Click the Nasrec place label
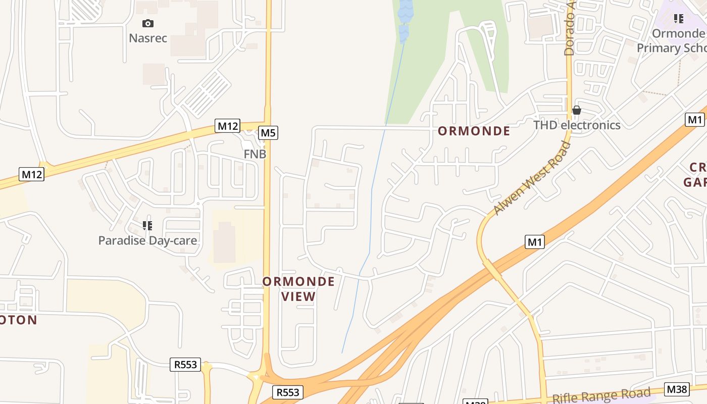tap(148, 38)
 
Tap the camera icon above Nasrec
tap(148, 23)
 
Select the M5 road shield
tap(268, 133)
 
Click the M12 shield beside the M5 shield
tap(227, 126)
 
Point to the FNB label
tap(255, 154)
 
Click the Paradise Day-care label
tap(147, 240)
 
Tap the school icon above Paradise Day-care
tap(147, 225)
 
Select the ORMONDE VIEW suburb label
tap(298, 289)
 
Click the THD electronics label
tap(577, 125)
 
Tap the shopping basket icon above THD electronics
tap(577, 110)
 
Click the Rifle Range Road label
tap(601, 396)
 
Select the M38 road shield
tap(677, 389)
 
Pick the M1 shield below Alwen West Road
tap(535, 242)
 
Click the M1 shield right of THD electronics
tap(695, 120)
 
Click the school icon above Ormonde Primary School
tap(678, 19)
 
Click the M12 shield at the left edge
tap(32, 174)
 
